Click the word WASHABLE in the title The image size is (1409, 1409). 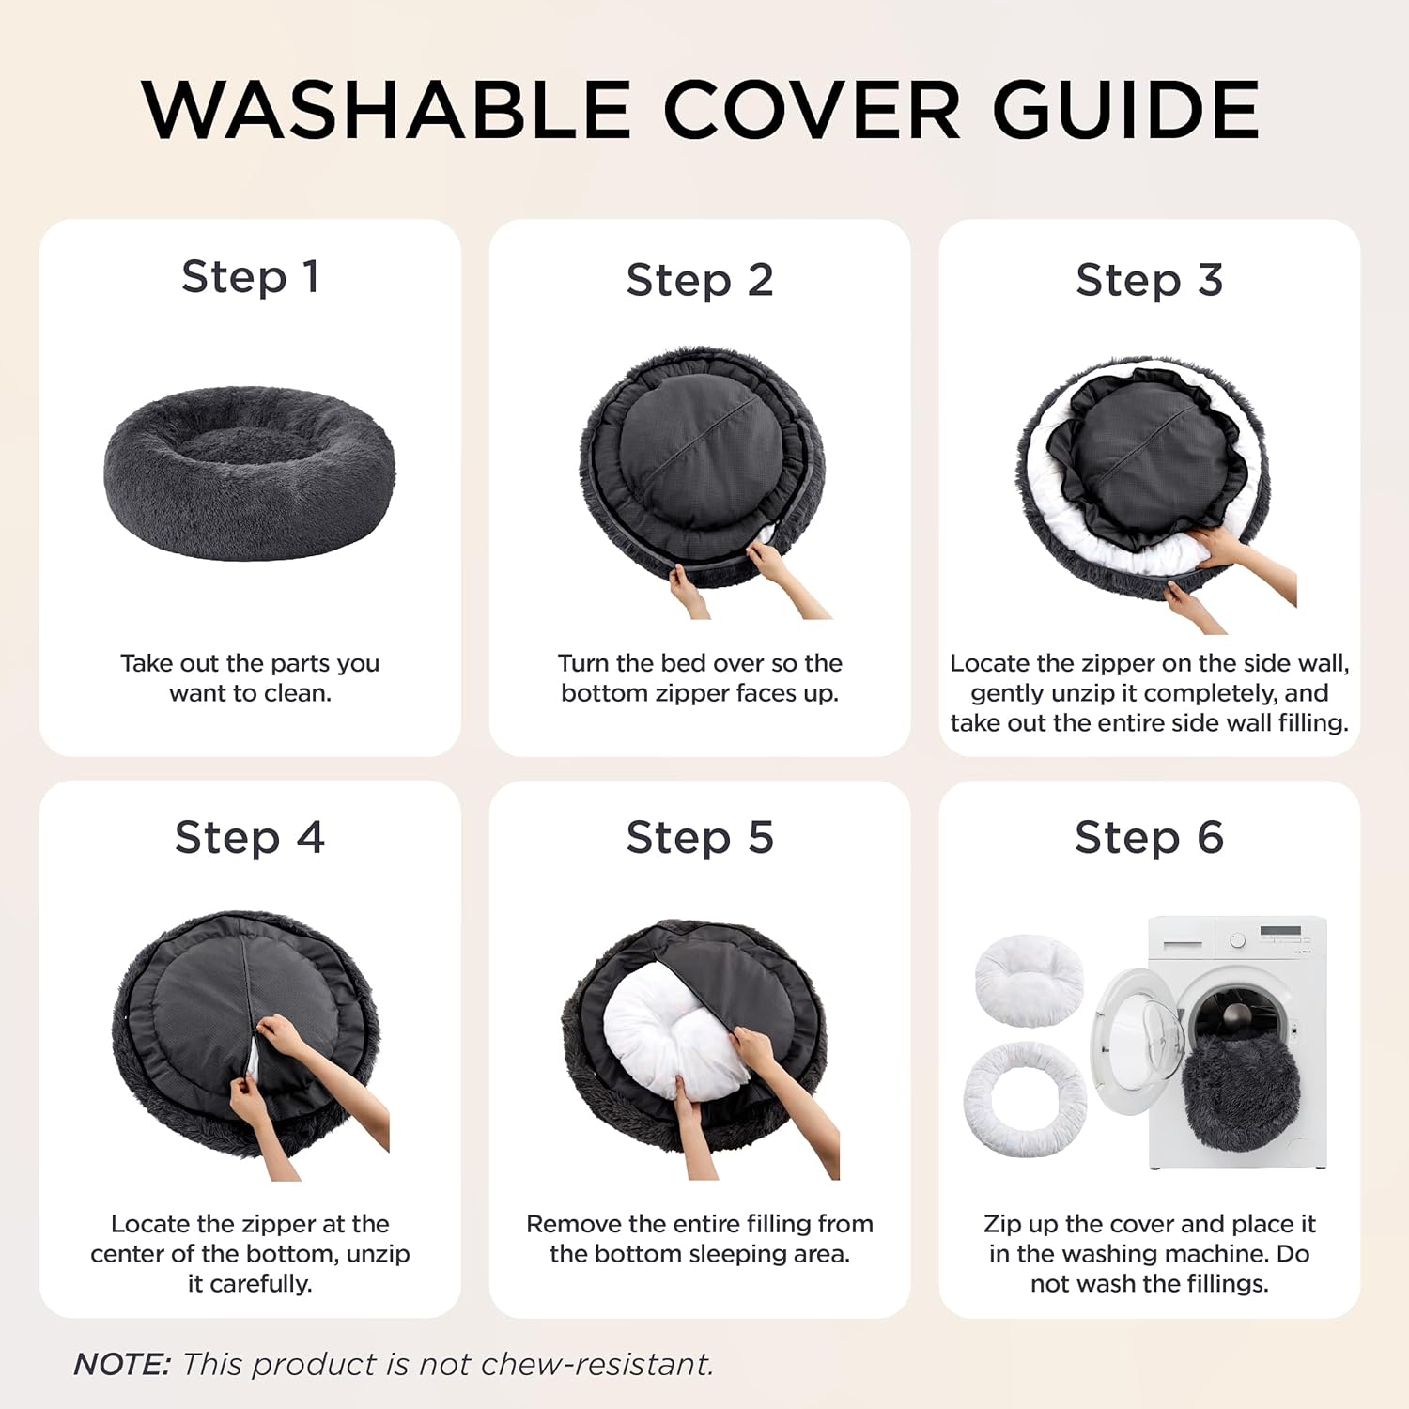tap(386, 110)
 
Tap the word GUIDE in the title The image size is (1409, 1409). tap(1126, 110)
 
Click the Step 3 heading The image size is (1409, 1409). tap(1150, 280)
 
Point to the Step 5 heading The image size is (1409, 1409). tap(700, 837)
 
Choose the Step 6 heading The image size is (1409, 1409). tap(1150, 837)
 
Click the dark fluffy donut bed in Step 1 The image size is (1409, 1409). tap(250, 472)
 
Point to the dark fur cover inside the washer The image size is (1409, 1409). tap(1241, 1090)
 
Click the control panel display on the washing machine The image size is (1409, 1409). tap(1281, 932)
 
